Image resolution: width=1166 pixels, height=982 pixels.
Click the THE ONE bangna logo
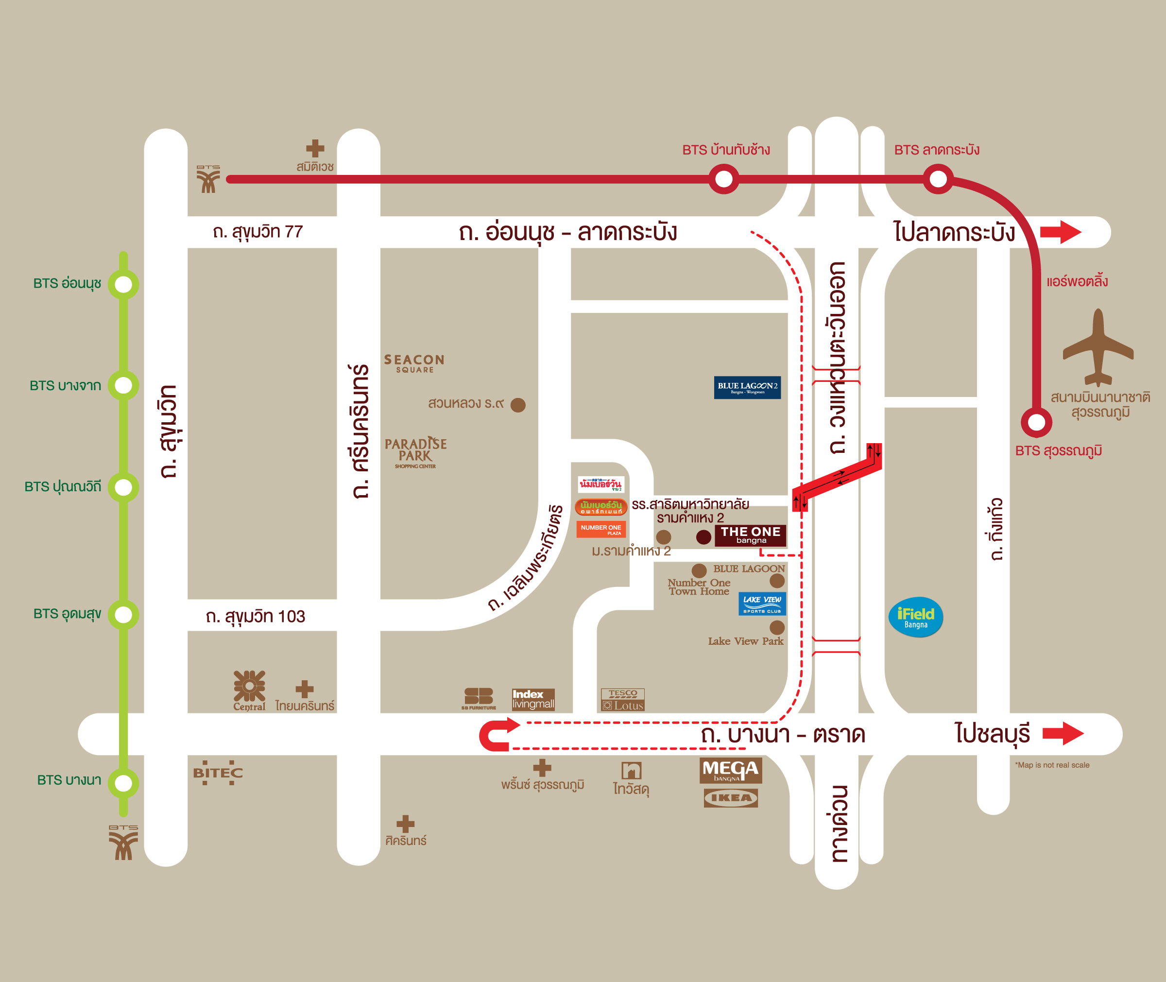750,535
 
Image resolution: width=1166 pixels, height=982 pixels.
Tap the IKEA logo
730,798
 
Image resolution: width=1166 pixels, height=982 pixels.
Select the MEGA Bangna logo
730,771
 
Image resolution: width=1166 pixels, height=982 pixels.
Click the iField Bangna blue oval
915,617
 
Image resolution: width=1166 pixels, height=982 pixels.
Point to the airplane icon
1097,348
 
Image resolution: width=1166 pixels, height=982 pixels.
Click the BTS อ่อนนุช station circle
123,284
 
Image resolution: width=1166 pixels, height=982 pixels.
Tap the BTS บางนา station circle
123,783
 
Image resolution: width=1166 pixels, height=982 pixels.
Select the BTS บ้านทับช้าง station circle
723,179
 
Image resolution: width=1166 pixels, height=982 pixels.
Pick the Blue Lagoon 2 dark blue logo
747,387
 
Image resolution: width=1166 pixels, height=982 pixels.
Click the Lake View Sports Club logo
762,603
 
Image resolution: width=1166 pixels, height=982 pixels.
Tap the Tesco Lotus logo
622,700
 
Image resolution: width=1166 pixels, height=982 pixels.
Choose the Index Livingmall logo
532,699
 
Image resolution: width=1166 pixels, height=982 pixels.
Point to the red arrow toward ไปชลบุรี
1063,733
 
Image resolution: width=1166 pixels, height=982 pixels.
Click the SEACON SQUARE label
414,363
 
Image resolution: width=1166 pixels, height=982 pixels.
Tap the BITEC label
218,773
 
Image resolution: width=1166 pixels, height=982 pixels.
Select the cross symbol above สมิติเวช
315,148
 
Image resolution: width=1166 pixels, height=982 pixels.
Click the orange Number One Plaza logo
600,529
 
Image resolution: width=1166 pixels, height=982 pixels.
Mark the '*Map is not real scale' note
1052,765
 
